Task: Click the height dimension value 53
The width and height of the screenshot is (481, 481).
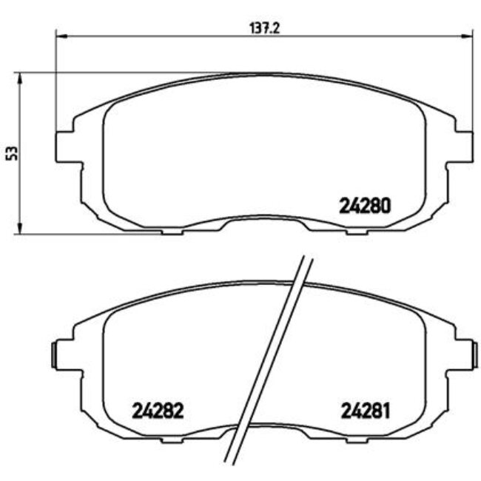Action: pyautogui.click(x=11, y=153)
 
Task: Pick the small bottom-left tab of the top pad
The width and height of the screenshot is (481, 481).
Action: pyautogui.click(x=172, y=232)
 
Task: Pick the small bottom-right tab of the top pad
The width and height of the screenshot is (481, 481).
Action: pyautogui.click(x=357, y=232)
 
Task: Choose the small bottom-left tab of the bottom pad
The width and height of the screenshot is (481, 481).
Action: pyautogui.click(x=172, y=438)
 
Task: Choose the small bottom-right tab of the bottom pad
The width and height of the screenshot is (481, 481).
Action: pyautogui.click(x=357, y=438)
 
